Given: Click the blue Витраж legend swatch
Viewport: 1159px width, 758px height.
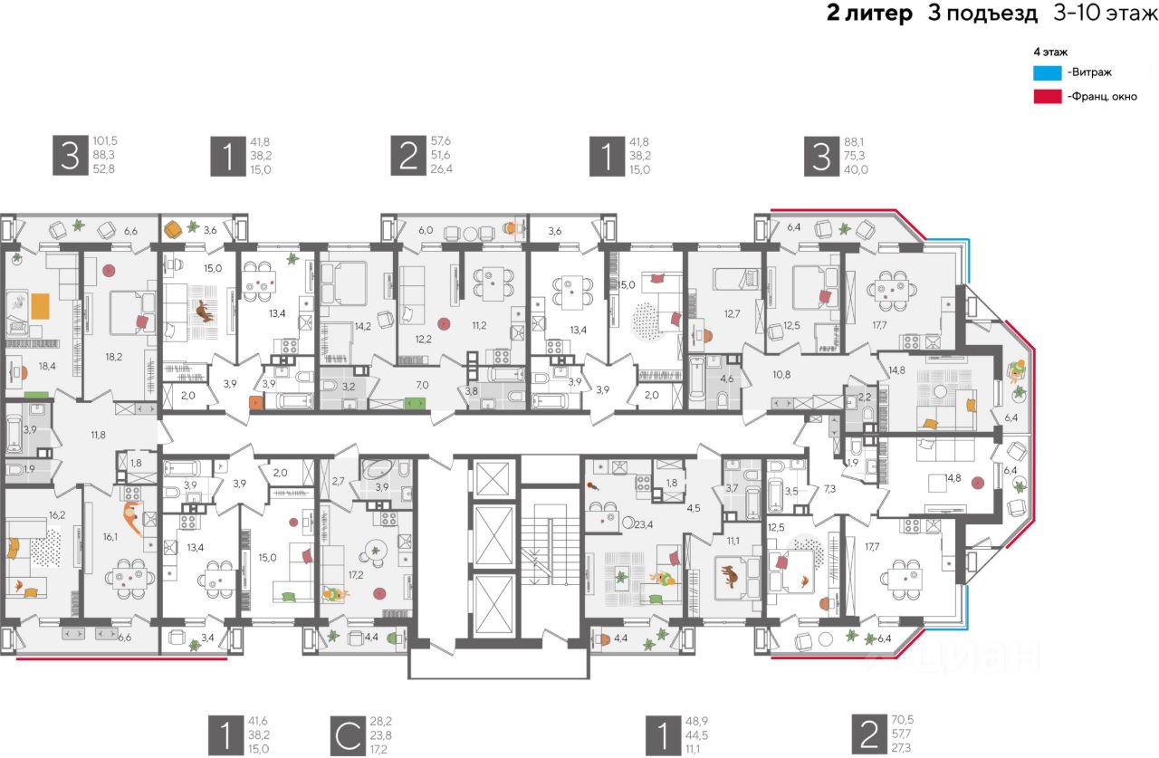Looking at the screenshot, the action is click(1047, 72).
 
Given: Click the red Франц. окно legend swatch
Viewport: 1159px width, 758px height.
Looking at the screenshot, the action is click(1047, 96).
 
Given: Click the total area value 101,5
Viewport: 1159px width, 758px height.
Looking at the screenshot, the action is click(105, 141).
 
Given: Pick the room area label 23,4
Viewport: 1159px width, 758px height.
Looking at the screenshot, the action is click(644, 523).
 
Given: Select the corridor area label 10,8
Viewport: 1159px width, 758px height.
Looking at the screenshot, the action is click(781, 373).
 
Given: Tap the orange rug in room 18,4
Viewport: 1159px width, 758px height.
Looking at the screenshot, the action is click(41, 306).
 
